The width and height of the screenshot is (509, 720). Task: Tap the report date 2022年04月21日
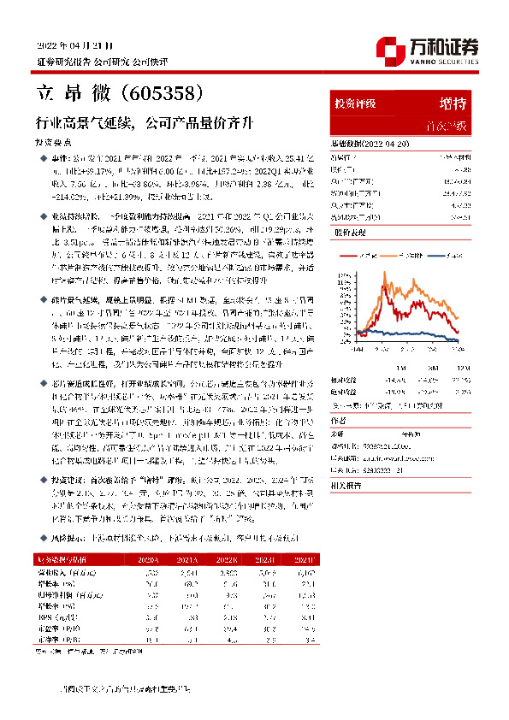click(x=74, y=44)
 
